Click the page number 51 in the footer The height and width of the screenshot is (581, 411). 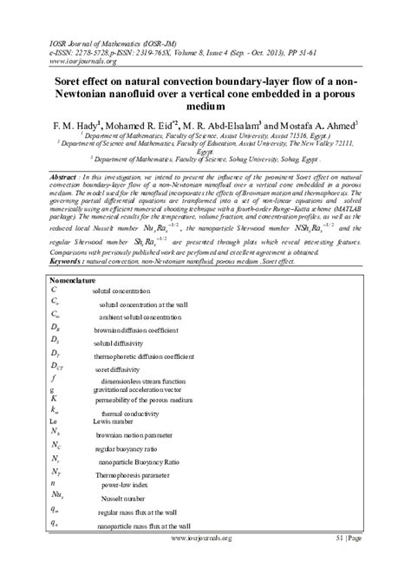tap(342, 562)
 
